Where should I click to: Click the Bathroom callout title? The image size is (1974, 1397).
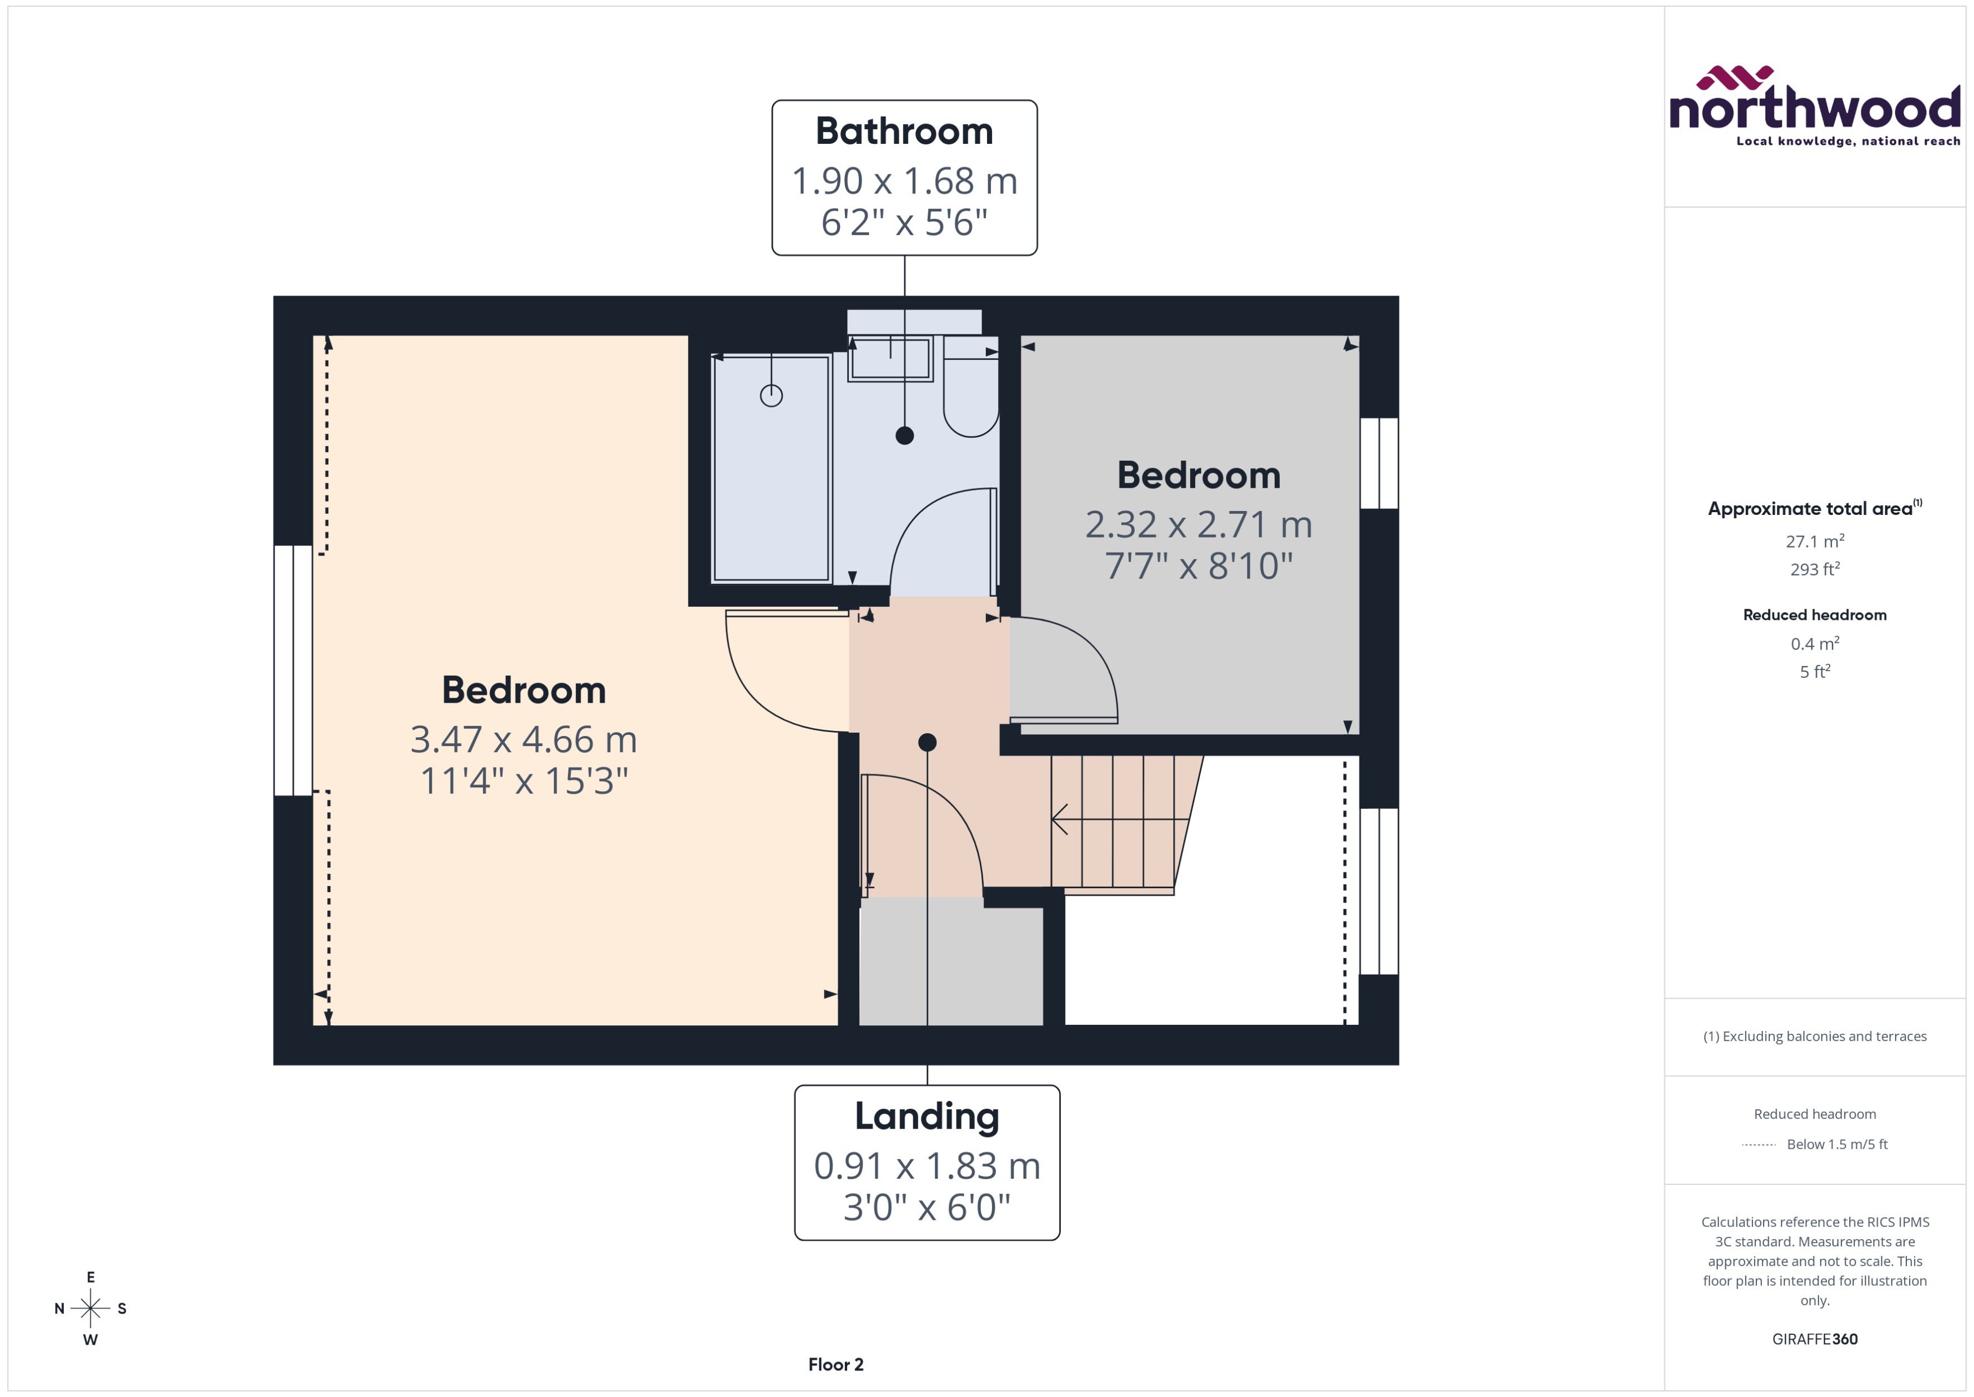(x=904, y=131)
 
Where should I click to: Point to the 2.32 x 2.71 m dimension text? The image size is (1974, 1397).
(x=1198, y=525)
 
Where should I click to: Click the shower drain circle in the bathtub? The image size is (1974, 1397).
(x=770, y=396)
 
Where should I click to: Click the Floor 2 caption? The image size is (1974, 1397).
(x=835, y=1364)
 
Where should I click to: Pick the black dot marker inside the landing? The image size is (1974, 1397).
(x=926, y=742)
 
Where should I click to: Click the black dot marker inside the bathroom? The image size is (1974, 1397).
(x=904, y=435)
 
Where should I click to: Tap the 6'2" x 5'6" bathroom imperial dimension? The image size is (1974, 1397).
(x=904, y=223)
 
